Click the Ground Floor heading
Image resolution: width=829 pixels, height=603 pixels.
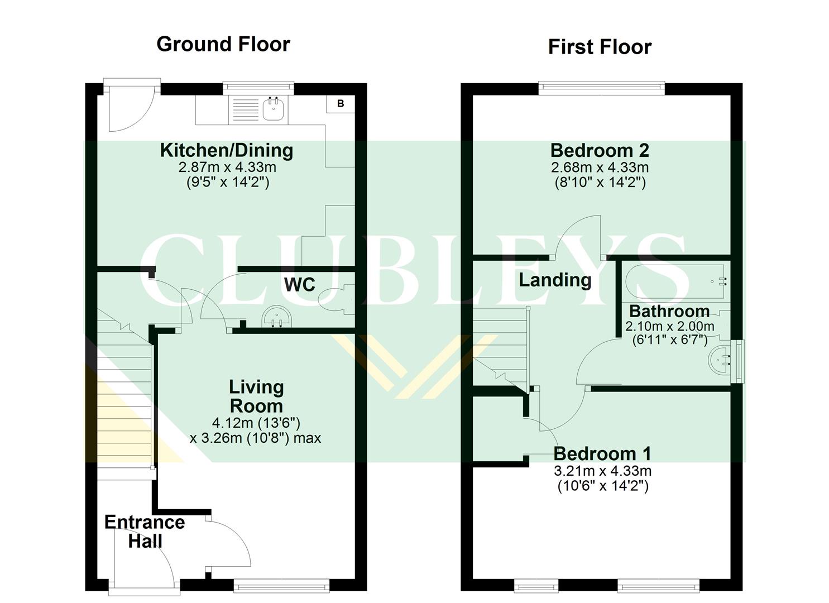click(x=223, y=44)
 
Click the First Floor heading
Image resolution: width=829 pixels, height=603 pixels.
click(x=600, y=47)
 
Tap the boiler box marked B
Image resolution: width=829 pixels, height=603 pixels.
click(x=340, y=104)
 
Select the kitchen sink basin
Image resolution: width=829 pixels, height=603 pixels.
click(x=273, y=109)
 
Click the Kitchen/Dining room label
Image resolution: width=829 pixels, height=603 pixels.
click(x=226, y=150)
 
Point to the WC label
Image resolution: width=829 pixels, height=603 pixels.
click(x=300, y=284)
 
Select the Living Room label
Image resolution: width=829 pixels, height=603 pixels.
click(x=256, y=396)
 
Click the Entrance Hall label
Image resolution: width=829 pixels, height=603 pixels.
click(x=145, y=531)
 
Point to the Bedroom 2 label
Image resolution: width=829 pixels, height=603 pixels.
click(x=600, y=150)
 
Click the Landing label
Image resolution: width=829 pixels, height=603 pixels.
click(x=555, y=280)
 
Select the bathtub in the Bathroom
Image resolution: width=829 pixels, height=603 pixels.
click(x=676, y=282)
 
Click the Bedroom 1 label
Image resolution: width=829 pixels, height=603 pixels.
click(x=602, y=453)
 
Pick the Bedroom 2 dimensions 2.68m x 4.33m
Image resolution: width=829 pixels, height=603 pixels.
click(x=600, y=167)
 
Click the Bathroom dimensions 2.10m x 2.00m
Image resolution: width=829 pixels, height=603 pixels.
click(x=669, y=327)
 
